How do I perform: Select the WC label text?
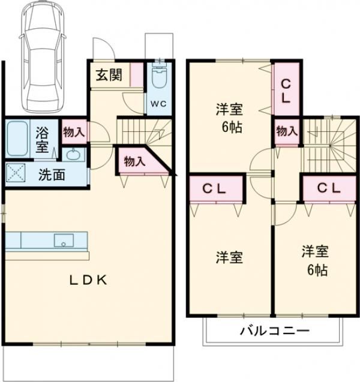tap(158, 103)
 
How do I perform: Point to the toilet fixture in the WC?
tap(159, 77)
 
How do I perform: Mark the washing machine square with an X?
tap(16, 173)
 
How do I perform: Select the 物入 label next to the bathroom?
tap(74, 133)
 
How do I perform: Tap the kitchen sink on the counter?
tap(64, 240)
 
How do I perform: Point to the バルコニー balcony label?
tap(275, 330)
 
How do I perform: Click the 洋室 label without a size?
tap(229, 257)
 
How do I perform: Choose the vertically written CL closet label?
tap(285, 91)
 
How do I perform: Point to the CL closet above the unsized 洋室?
tap(214, 188)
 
